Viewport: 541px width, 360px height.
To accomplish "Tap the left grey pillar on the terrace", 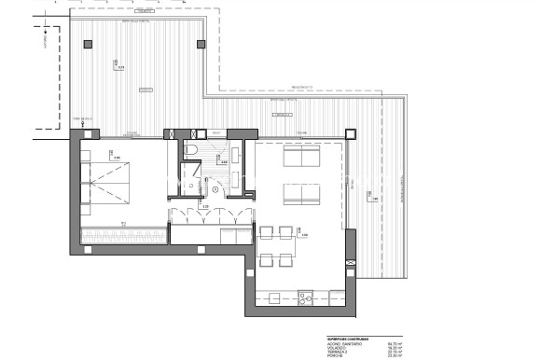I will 87,44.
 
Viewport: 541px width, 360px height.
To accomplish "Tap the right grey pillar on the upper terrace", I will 197,44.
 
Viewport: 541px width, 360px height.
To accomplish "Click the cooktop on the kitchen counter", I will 304,298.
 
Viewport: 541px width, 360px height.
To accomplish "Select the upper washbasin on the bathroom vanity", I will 236,153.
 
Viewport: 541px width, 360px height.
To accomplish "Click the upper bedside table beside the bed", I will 84,157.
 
